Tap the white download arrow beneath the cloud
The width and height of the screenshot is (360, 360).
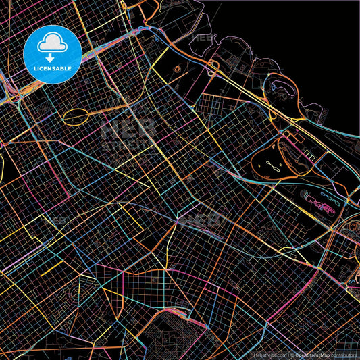[x=53, y=57]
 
